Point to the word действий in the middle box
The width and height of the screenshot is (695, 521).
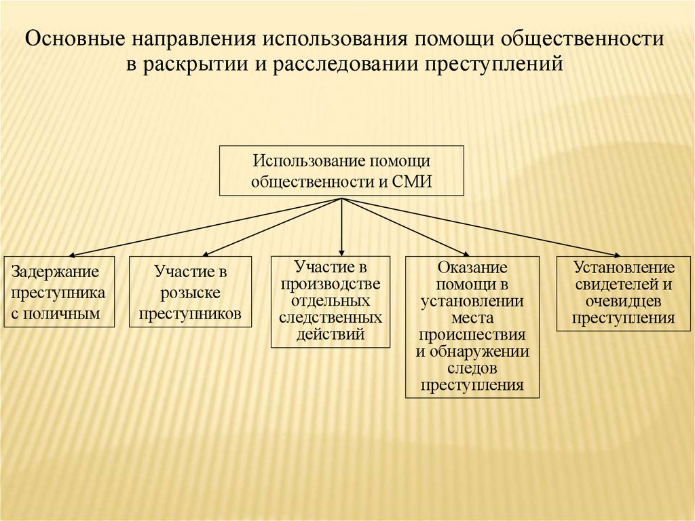[x=331, y=334]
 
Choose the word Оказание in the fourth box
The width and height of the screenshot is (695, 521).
[x=472, y=268]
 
